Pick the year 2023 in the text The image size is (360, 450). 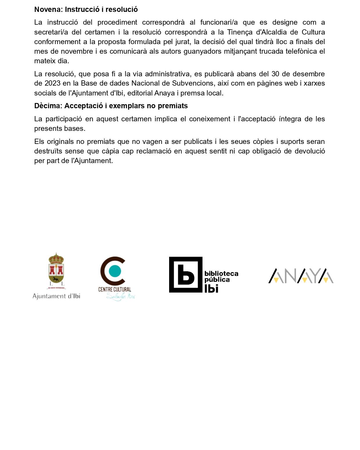click(x=52, y=83)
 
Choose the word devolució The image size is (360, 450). click(x=310, y=151)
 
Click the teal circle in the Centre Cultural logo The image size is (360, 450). click(x=115, y=270)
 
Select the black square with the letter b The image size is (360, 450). click(x=186, y=274)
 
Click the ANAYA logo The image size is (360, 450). click(x=301, y=276)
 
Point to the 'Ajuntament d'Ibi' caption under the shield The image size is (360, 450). click(x=56, y=296)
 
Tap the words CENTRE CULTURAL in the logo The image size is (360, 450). click(x=115, y=289)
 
